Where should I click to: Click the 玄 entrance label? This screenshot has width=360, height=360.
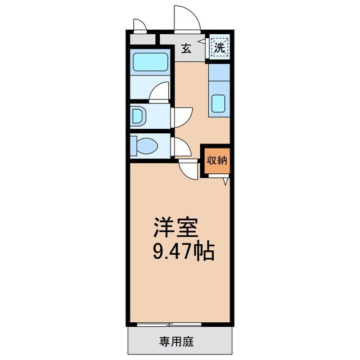pyautogui.click(x=187, y=48)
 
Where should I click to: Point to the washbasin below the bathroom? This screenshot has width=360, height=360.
pyautogui.click(x=138, y=116)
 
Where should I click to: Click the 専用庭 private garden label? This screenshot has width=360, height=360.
pyautogui.click(x=179, y=341)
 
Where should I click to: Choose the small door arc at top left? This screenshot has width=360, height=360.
pyautogui.click(x=139, y=25)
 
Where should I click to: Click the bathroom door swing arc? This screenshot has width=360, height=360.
pyautogui.click(x=160, y=91)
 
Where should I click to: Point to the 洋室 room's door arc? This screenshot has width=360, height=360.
pyautogui.click(x=189, y=168)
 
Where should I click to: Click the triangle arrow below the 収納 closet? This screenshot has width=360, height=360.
pyautogui.click(x=225, y=182)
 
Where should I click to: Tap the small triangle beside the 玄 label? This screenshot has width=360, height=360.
pyautogui.click(x=200, y=42)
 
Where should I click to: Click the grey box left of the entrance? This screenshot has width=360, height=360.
pyautogui.click(x=142, y=40)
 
